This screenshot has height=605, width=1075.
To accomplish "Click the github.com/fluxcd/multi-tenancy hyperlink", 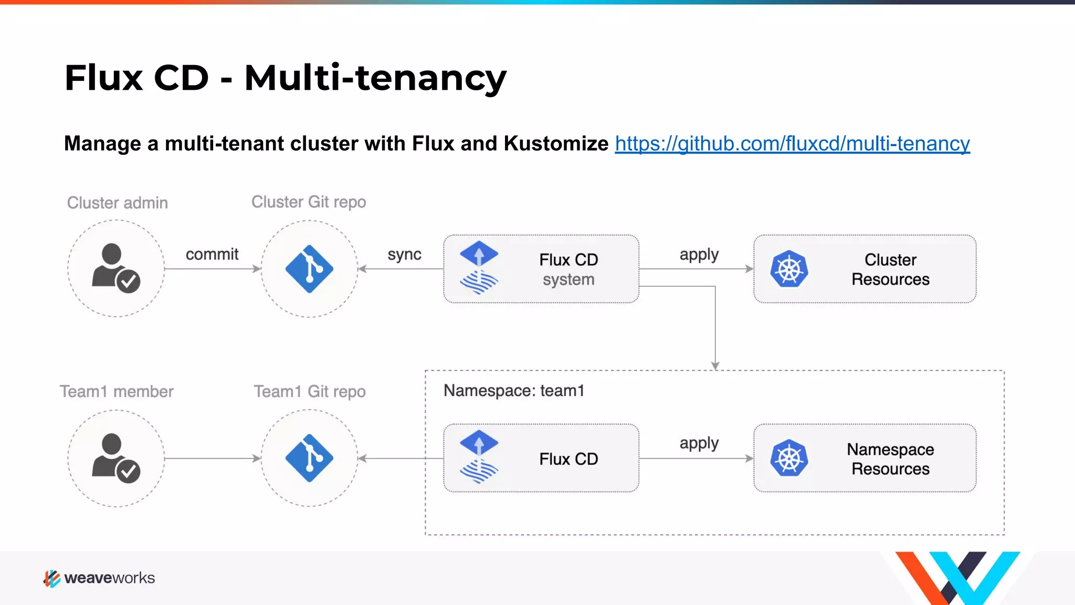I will [792, 144].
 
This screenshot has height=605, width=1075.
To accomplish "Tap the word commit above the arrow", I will [212, 255].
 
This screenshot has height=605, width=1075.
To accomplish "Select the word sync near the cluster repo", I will [404, 255].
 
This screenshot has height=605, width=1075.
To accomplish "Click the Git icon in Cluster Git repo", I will [309, 269].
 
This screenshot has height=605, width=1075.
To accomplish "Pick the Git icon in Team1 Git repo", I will [309, 458].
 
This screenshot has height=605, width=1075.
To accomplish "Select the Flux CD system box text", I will [568, 269].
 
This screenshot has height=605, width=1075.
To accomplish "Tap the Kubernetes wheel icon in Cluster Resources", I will [789, 269].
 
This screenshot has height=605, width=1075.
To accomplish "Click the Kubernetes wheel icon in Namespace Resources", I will [789, 458].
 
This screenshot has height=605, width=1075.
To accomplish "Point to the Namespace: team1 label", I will [513, 391].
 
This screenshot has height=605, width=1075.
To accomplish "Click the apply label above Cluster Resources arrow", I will [699, 255].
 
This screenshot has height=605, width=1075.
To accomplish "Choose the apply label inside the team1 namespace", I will [699, 443].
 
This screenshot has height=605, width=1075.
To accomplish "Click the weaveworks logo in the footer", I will [99, 578].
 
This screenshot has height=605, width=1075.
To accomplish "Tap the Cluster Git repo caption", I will [309, 202].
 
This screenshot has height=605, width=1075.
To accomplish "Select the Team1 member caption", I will [117, 392].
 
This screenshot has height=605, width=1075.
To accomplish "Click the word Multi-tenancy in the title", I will [375, 78].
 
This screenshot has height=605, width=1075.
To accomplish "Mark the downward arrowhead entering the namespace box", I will [715, 366].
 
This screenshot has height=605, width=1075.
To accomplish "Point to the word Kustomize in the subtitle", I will [556, 144].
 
